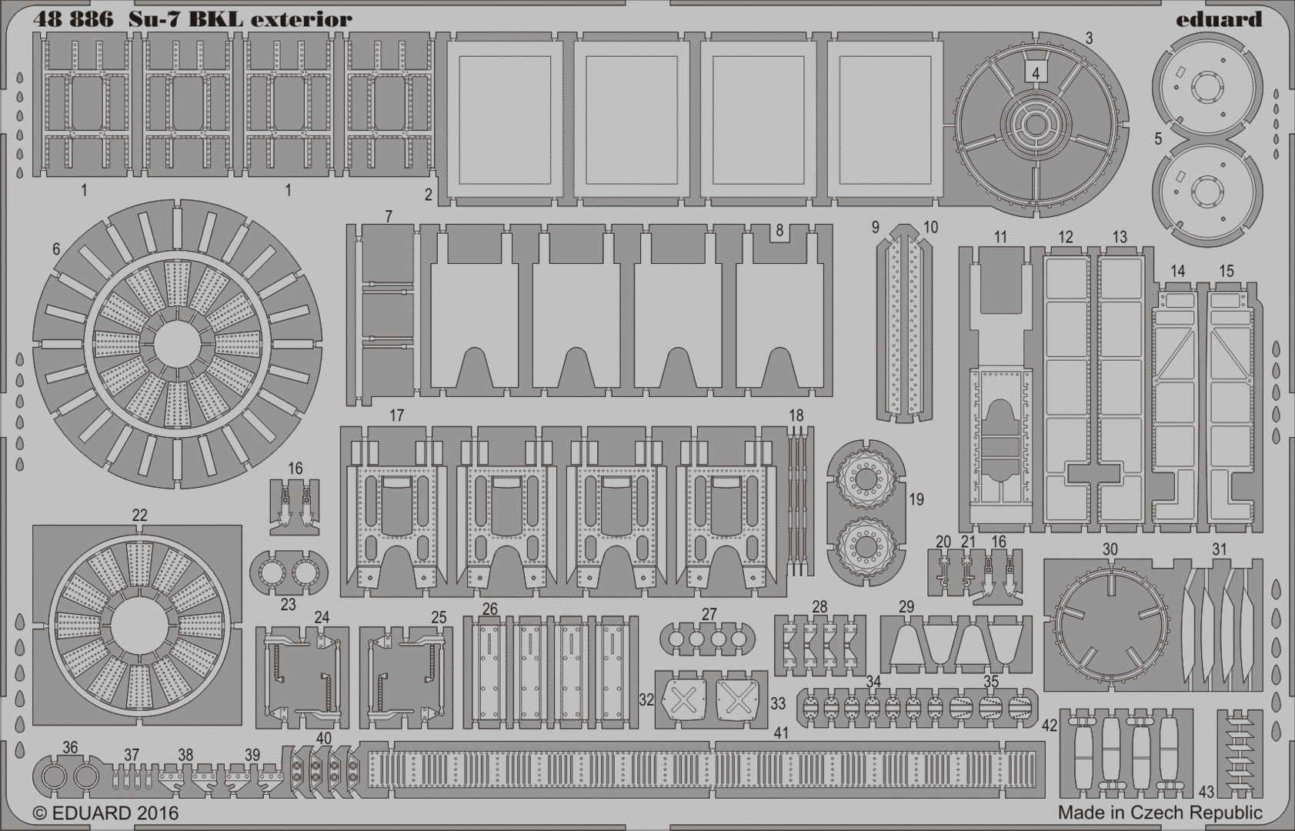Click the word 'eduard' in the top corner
(1219, 19)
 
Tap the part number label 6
(56, 249)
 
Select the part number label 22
(139, 516)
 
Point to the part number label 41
(781, 733)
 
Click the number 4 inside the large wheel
(1036, 73)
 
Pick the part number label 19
(916, 499)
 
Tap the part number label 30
(1110, 549)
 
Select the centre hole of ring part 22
(139, 627)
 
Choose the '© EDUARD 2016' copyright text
(105, 813)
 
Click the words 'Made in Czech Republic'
(1160, 813)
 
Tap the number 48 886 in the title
(73, 20)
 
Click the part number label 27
(709, 614)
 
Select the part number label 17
(396, 415)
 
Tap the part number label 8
(779, 230)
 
